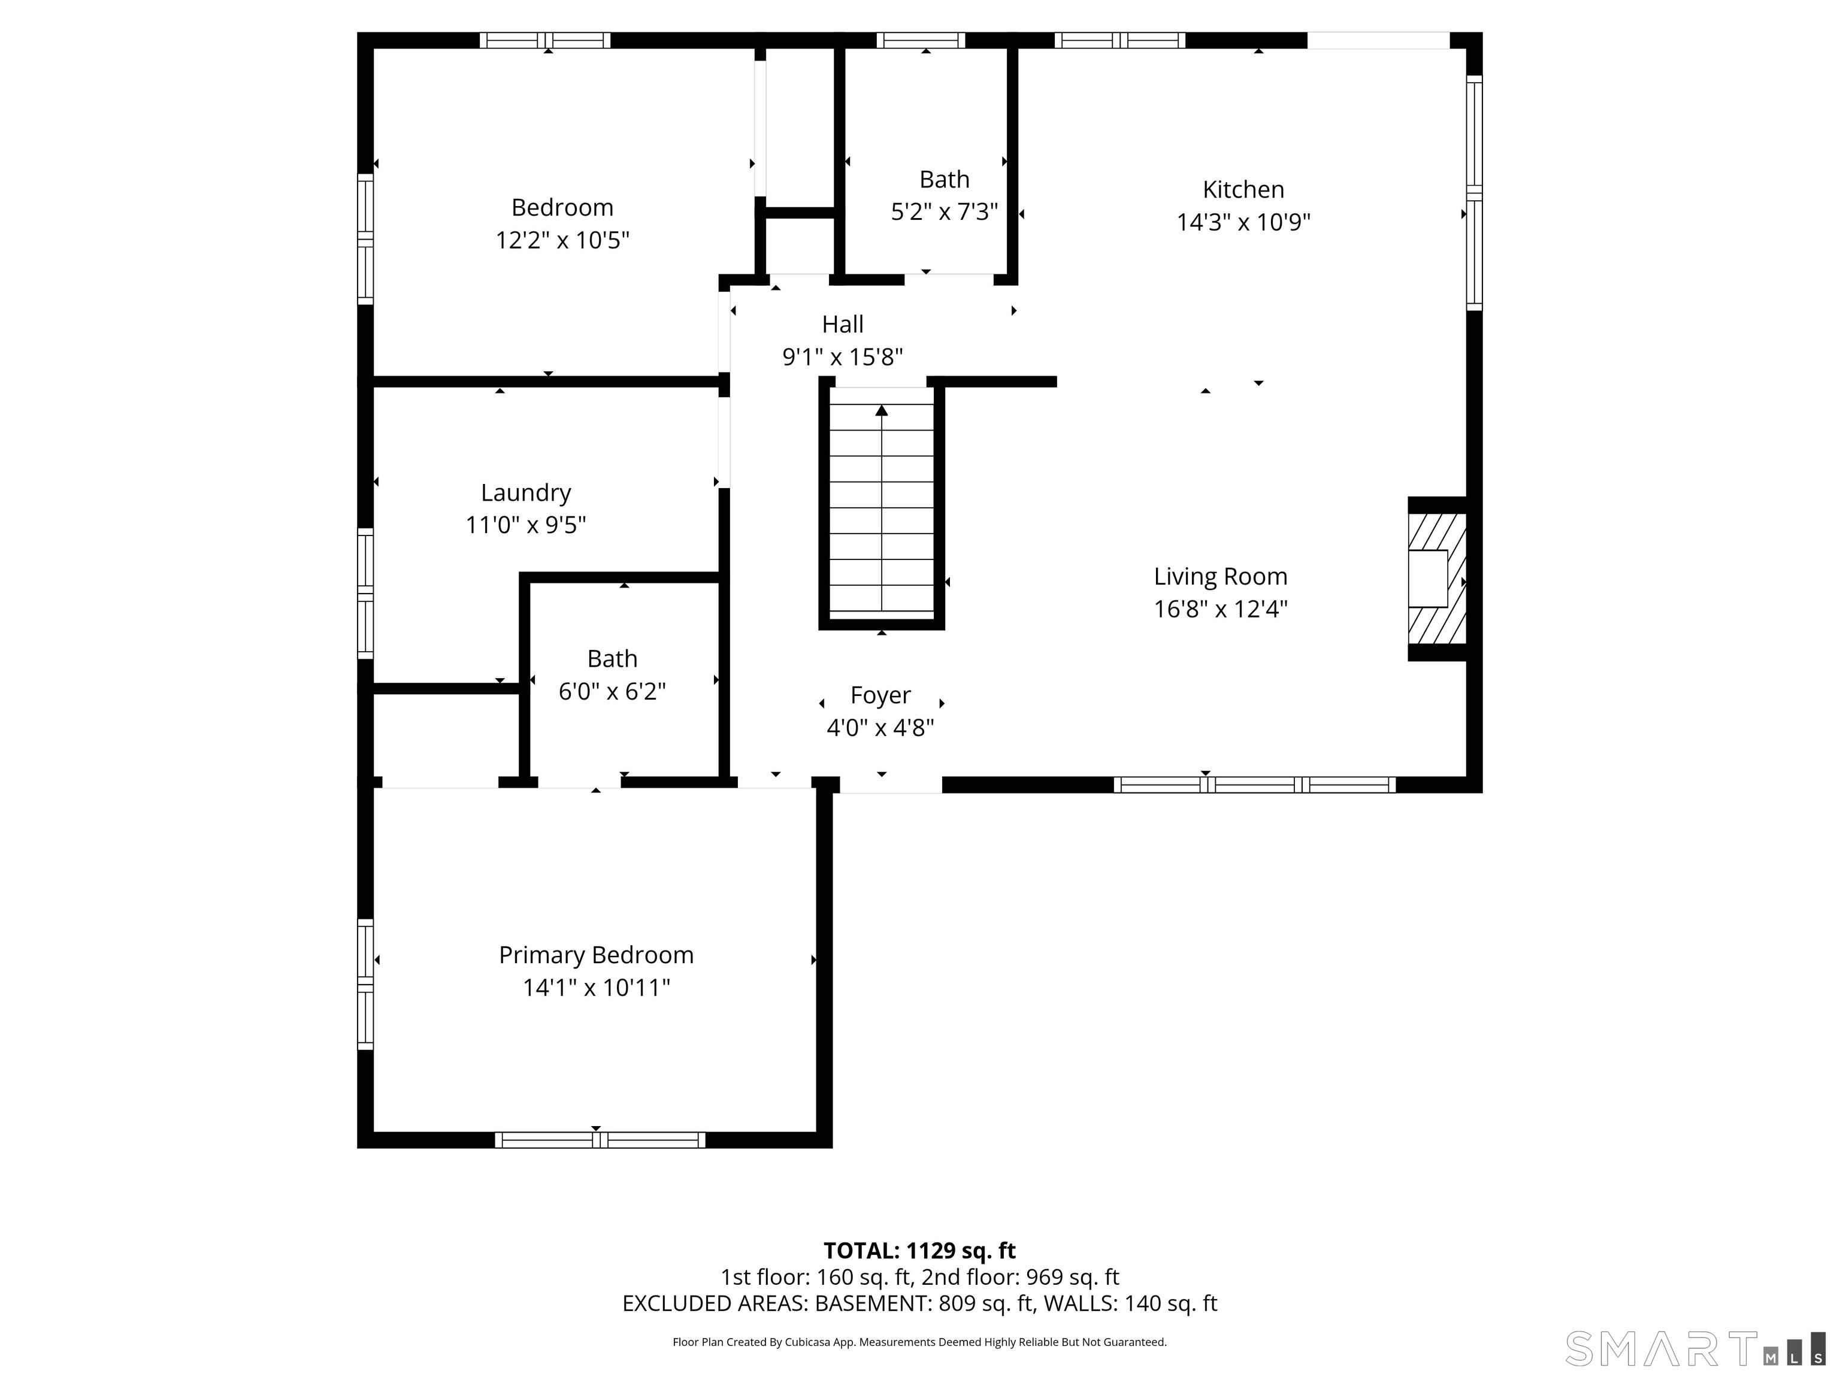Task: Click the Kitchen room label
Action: click(1243, 190)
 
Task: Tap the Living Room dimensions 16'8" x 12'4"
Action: click(1220, 609)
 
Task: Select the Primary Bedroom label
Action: click(595, 955)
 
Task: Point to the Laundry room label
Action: click(526, 492)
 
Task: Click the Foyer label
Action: click(880, 695)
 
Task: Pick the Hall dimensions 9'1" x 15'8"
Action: click(843, 357)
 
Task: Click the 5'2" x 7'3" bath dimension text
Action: click(944, 211)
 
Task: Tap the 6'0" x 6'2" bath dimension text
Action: click(612, 691)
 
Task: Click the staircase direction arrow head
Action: click(882, 410)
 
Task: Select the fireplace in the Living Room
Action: click(1436, 579)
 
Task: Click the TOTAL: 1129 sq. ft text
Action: click(919, 1250)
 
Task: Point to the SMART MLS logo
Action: click(1694, 1348)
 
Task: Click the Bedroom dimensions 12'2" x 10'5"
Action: click(562, 240)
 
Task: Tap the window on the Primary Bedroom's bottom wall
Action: click(600, 1140)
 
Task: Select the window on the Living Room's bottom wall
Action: click(1254, 785)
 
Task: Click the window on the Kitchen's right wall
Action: click(1474, 193)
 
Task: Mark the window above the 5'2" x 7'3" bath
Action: click(921, 40)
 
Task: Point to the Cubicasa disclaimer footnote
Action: click(919, 1342)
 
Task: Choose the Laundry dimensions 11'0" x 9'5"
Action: click(526, 525)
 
